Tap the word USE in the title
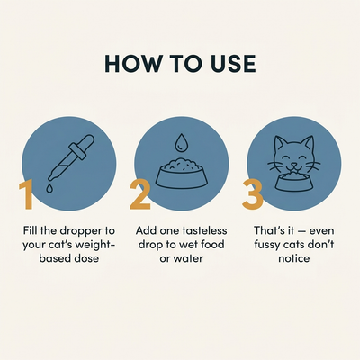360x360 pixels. tap(233, 64)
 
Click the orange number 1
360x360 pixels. tap(26, 194)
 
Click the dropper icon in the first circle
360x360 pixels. tap(71, 158)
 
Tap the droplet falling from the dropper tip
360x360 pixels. tap(49, 188)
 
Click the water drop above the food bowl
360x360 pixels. tap(181, 142)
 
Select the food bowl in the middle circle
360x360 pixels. tap(182, 173)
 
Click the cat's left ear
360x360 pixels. tap(280, 144)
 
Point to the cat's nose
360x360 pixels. tap(294, 165)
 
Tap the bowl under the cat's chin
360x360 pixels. tap(294, 183)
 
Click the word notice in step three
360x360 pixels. tap(294, 258)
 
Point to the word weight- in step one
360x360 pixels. tap(94, 245)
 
